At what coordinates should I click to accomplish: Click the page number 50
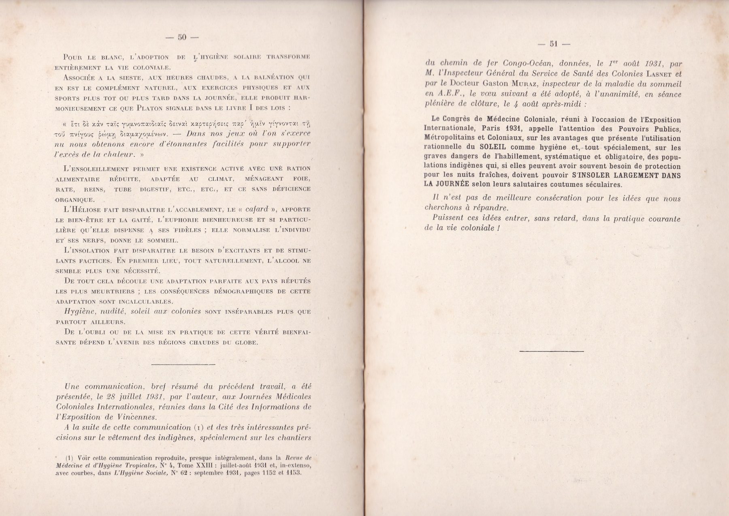(x=181, y=37)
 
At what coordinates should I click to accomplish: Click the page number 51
(x=554, y=44)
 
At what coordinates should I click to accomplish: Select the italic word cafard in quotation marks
(x=257, y=209)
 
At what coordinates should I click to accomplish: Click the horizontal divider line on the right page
(x=551, y=351)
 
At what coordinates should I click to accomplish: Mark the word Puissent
(x=448, y=218)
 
